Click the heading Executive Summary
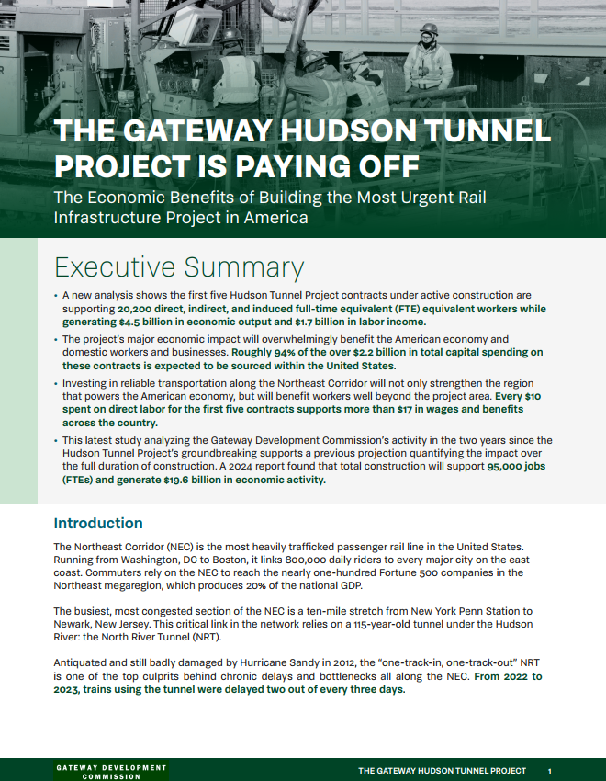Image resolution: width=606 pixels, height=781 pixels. [178, 266]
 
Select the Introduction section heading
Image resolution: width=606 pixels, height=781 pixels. [98, 524]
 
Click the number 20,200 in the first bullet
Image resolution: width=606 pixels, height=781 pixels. [139, 310]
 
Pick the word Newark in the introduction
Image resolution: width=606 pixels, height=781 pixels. [75, 624]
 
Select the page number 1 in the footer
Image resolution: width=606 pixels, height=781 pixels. [548, 771]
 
